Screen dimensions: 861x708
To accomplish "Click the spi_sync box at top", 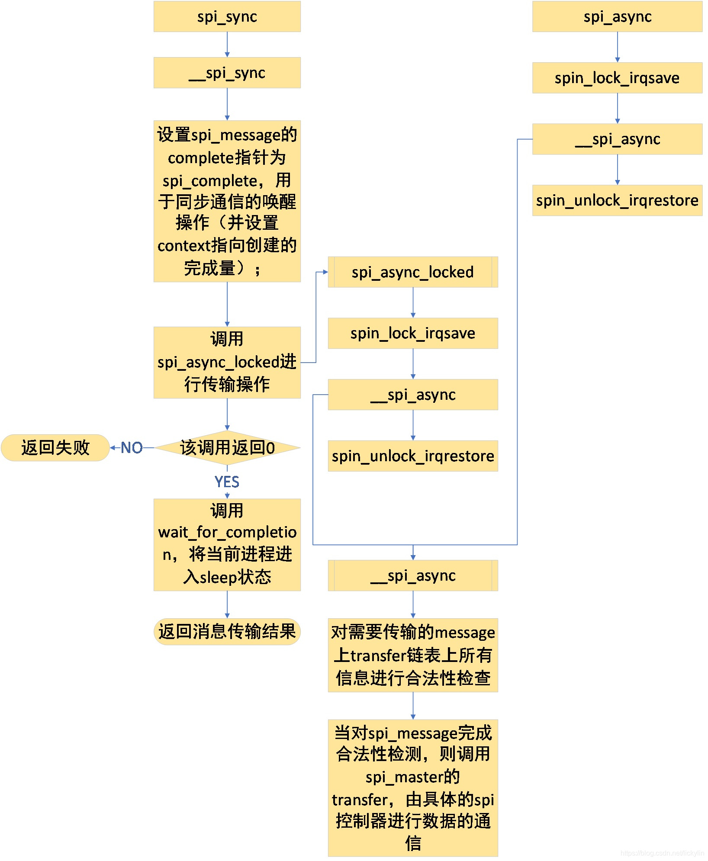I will coord(227,16).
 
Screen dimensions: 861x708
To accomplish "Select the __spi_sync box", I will coord(227,73).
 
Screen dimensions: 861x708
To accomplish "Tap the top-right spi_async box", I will coord(617,16).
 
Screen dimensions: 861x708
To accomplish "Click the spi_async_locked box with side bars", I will coord(413,272).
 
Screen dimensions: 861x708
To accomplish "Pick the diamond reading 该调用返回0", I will coord(227,447).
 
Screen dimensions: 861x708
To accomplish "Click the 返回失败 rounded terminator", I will coord(55,447).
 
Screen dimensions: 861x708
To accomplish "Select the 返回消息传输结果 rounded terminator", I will coord(227,631).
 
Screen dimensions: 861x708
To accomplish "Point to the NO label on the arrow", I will coord(132,447).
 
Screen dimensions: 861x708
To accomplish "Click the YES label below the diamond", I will coord(227,482).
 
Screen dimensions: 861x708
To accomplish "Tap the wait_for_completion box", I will coord(227,544).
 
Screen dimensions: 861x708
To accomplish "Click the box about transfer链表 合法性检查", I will coord(413,655).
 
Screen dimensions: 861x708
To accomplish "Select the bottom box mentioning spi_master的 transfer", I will coord(413,787).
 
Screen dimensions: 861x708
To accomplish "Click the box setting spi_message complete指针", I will coord(227,201).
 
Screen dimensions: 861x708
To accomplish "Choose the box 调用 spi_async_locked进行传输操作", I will coord(227,362).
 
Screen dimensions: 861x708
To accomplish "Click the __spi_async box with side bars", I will coord(413,575).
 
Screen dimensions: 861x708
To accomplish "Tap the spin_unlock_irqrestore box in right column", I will coord(617,200).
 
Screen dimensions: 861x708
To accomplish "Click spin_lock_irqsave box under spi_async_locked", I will coord(413,333).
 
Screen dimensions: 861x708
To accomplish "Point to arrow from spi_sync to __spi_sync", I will coord(227,45).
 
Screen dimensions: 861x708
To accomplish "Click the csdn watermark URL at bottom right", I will coord(662,853).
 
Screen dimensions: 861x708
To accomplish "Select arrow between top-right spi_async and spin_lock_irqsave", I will coord(618,47).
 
